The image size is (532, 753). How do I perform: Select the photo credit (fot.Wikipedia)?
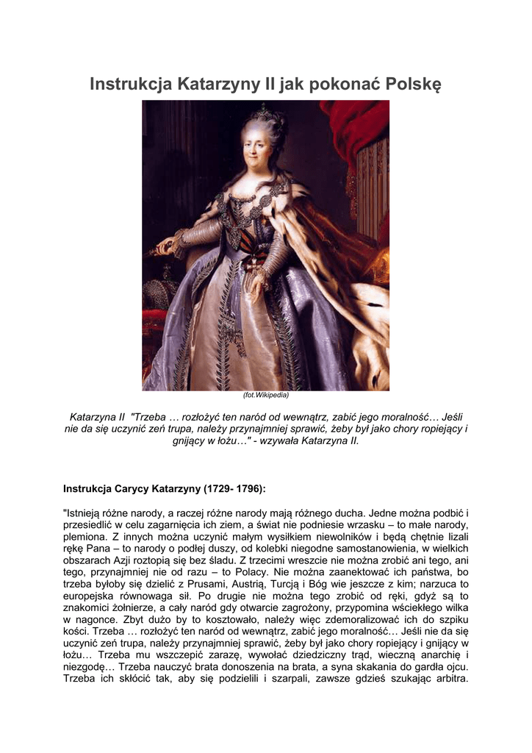point(265,396)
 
